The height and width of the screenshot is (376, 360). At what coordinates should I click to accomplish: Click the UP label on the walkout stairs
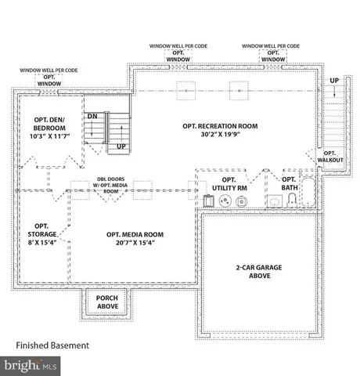tap(334, 81)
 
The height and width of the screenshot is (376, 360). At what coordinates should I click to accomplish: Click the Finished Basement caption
tap(52, 345)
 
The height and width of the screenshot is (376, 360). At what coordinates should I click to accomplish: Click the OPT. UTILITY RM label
tap(230, 184)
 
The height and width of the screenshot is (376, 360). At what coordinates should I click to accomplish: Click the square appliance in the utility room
tap(208, 201)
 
